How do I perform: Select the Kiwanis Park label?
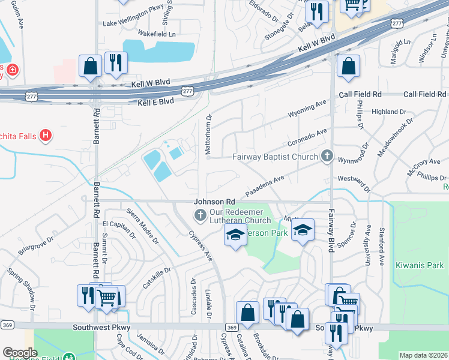click(x=420, y=265)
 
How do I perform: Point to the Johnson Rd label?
click(x=214, y=202)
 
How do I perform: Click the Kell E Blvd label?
click(x=155, y=102)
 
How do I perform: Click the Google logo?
click(x=20, y=353)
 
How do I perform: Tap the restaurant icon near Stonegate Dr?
click(x=316, y=11)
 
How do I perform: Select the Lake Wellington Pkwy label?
click(x=133, y=23)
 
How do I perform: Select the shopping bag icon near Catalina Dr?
click(x=247, y=312)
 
